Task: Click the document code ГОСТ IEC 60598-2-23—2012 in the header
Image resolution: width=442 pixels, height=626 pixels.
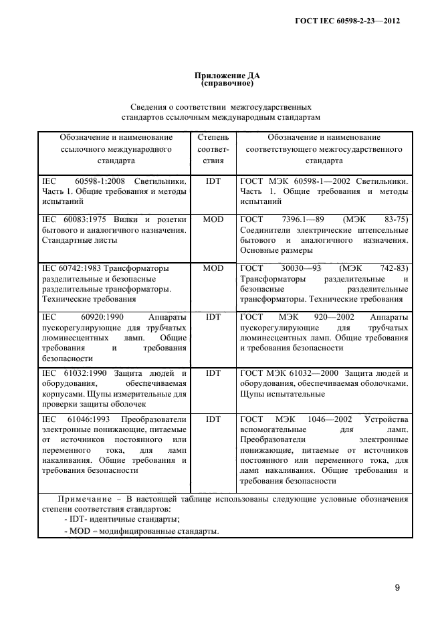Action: click(x=352, y=21)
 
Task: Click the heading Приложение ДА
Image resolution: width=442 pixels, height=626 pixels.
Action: click(x=221, y=76)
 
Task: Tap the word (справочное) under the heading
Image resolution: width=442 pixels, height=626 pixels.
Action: click(x=221, y=84)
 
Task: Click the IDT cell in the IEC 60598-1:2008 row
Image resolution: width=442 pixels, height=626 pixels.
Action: click(x=213, y=181)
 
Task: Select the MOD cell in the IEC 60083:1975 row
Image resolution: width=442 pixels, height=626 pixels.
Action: click(x=213, y=219)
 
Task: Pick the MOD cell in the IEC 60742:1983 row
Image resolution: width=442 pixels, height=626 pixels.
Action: click(x=213, y=268)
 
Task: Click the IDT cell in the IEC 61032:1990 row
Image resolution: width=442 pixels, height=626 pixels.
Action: click(x=213, y=373)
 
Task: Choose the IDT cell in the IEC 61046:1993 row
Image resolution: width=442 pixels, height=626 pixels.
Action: click(x=213, y=420)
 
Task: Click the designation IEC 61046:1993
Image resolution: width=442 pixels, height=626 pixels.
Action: click(x=76, y=420)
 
